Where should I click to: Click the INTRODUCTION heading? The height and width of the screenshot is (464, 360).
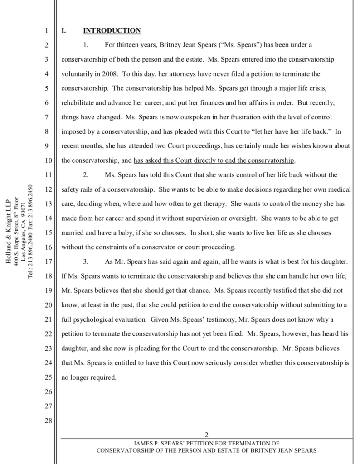pos(112,31)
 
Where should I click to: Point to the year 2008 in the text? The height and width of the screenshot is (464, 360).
pos(111,74)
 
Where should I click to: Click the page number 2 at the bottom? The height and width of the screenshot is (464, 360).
pos(206,435)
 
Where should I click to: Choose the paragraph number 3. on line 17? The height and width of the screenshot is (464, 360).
pos(85,261)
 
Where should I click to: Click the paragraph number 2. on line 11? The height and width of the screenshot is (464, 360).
pos(85,175)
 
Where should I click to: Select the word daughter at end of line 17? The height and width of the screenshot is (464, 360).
pos(336,261)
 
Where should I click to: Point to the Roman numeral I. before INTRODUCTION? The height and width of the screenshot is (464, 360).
pos(64,31)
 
